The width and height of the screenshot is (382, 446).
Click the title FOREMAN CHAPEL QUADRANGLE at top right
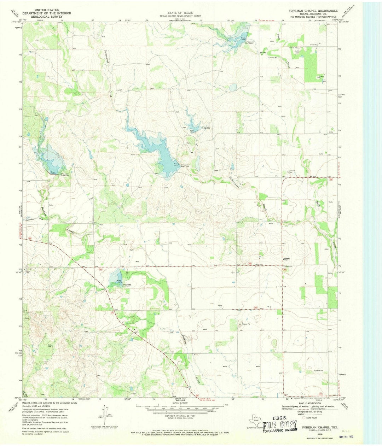click(x=313, y=11)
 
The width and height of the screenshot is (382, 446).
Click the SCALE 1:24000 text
click(x=180, y=403)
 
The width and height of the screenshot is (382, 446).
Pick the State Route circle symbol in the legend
click(x=303, y=417)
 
